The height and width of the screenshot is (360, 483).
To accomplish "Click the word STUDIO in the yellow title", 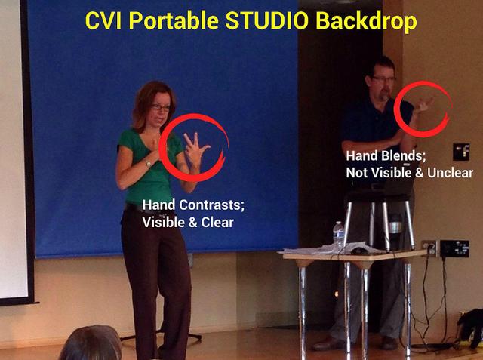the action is [x=266, y=20].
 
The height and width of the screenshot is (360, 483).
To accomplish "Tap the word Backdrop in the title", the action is [x=366, y=22].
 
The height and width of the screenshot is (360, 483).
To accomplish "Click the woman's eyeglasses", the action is [x=160, y=108].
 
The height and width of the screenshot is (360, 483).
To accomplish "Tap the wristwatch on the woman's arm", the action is [x=148, y=163].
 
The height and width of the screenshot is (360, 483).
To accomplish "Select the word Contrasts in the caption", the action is [x=211, y=205].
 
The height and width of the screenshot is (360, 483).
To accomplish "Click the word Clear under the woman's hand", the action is [x=217, y=222].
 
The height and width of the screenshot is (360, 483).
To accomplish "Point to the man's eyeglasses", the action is [x=384, y=79].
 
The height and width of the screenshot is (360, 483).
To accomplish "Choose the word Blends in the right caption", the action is [x=404, y=155].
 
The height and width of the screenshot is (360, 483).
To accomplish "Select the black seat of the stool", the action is [x=380, y=195].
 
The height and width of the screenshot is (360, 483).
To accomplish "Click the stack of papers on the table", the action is [x=330, y=248].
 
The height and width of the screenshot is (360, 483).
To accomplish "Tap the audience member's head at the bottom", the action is [x=91, y=343].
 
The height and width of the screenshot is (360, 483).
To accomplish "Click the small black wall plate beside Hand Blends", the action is [x=461, y=152].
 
